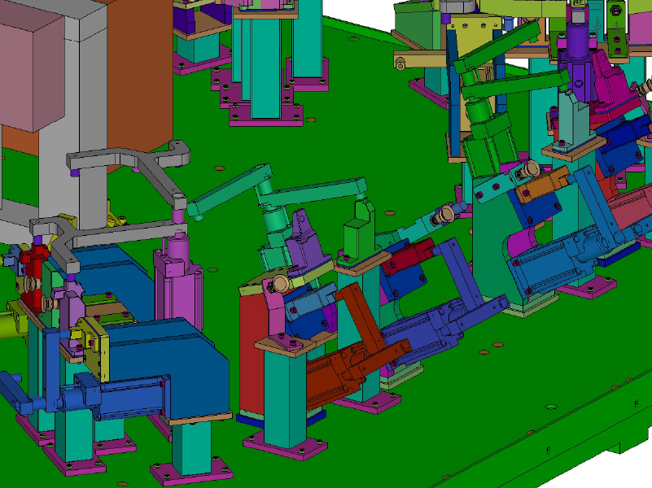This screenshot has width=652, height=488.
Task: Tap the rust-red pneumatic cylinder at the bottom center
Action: click(x=346, y=370)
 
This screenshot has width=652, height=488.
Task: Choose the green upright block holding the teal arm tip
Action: click(x=358, y=228)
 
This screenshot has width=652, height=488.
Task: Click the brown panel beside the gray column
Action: click(x=138, y=73)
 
